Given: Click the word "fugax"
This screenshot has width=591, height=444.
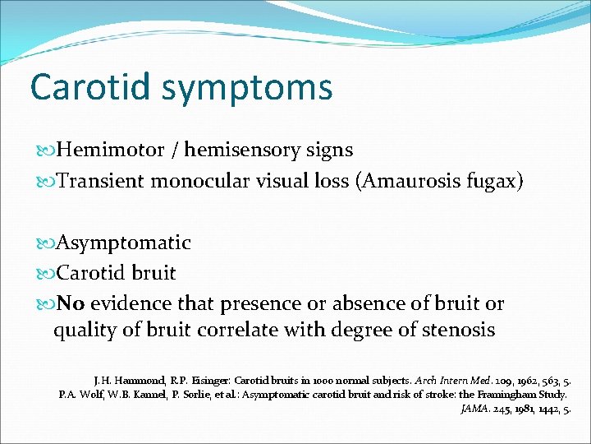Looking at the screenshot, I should pos(494,182).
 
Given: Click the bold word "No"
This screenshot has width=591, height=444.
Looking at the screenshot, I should pos(71,303).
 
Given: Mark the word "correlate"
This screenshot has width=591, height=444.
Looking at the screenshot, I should pos(258,331).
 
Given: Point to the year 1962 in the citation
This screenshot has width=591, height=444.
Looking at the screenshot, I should pos(488,381).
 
